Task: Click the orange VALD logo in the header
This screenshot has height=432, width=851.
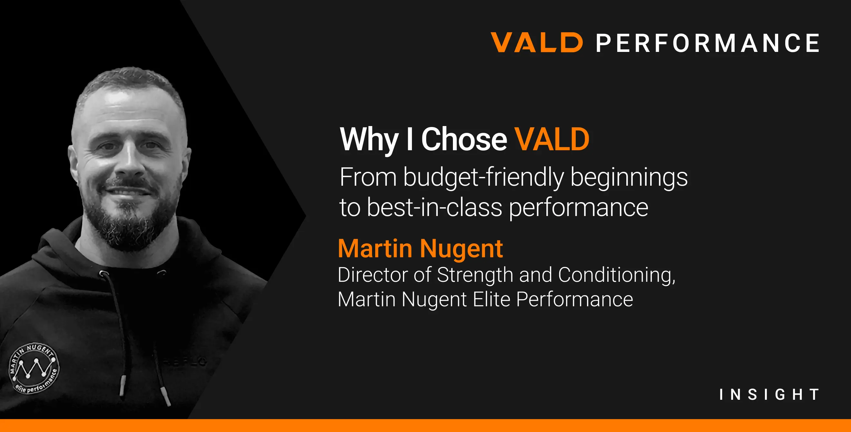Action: pyautogui.click(x=536, y=42)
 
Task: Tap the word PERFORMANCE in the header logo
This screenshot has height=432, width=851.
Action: pyautogui.click(x=707, y=43)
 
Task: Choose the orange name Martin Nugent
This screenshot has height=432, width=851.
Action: pyautogui.click(x=420, y=248)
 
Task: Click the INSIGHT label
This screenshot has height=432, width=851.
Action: pyautogui.click(x=769, y=394)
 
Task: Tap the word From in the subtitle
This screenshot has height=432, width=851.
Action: pyautogui.click(x=368, y=177)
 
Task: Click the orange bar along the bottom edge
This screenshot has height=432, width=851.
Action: pyautogui.click(x=425, y=426)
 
